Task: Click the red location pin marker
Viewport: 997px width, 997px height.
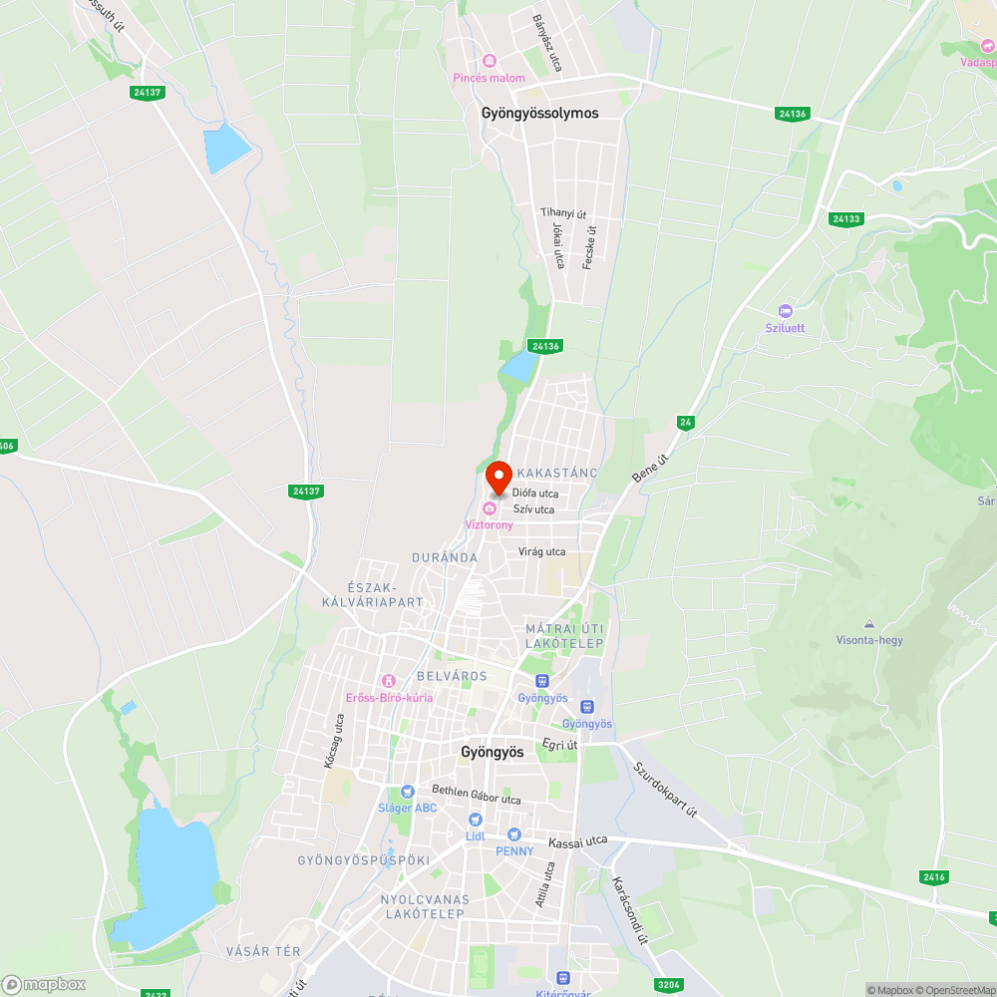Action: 498,478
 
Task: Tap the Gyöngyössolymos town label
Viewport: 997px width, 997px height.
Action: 539,114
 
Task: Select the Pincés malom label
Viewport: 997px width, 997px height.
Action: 489,78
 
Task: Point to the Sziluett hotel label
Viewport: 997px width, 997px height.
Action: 785,328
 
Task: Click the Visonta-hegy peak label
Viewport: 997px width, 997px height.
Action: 869,640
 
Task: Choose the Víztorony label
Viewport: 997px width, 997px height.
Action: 490,524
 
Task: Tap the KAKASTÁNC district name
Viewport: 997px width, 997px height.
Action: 557,473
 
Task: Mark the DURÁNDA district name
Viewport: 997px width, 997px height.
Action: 445,558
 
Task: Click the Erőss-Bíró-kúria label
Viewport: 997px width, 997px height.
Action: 389,697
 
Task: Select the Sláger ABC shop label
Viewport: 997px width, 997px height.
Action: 407,808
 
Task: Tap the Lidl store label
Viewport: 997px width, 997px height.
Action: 475,836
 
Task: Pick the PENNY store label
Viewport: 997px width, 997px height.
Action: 514,850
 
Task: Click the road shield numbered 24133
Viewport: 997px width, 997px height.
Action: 845,218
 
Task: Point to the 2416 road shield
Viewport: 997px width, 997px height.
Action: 934,876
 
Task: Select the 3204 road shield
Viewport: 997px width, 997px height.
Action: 669,985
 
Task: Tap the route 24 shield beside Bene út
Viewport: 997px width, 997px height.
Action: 685,423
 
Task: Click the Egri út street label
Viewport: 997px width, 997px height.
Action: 559,744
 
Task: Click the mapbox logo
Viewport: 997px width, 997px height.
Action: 44,984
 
